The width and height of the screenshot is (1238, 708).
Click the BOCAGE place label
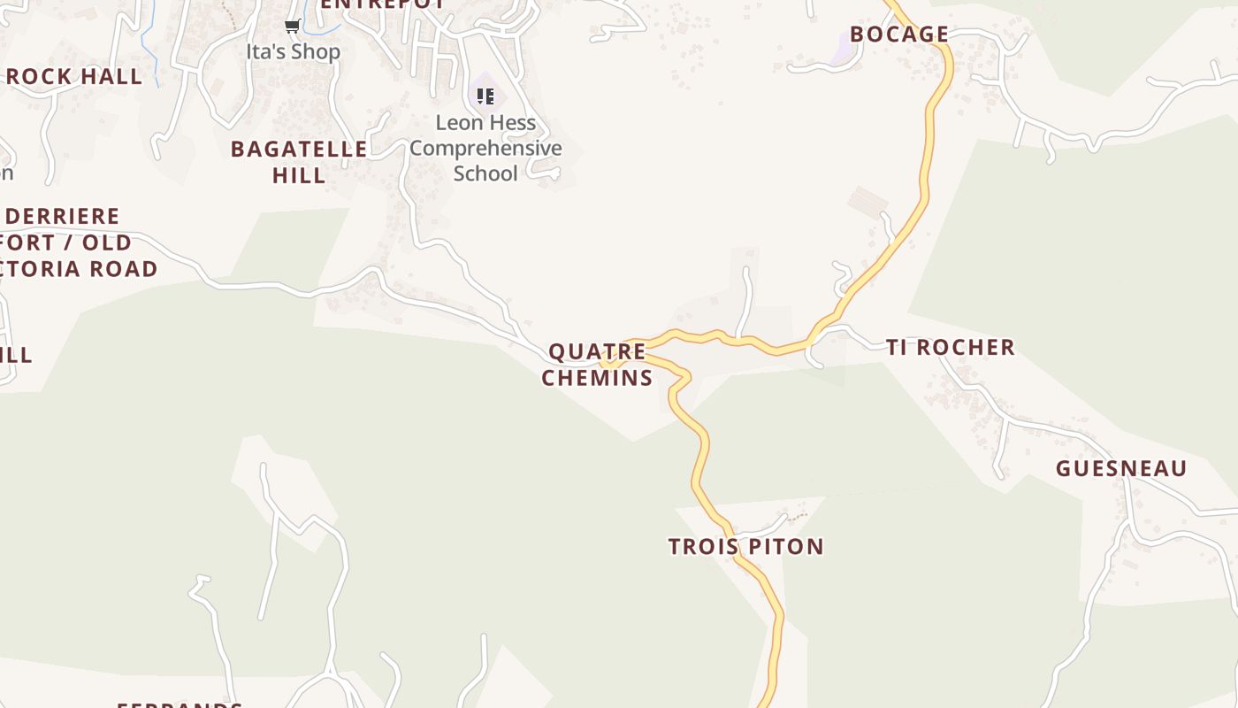(x=899, y=35)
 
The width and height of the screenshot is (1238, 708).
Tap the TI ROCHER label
(x=951, y=347)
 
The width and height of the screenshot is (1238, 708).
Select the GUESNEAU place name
(x=1120, y=468)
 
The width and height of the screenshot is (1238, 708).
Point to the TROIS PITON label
(x=745, y=546)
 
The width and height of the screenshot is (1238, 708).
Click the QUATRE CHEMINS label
(x=597, y=365)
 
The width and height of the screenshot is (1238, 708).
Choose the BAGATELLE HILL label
(x=299, y=162)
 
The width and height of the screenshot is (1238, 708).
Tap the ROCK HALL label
(x=74, y=77)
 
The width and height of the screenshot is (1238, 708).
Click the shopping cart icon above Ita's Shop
(x=292, y=27)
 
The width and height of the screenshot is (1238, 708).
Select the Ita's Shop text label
(x=293, y=52)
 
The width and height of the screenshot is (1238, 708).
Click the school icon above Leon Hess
(x=485, y=96)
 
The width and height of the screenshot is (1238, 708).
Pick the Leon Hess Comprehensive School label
(x=485, y=148)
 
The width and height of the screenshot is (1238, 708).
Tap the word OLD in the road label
(x=107, y=242)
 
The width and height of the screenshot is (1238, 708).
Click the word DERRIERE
(x=62, y=217)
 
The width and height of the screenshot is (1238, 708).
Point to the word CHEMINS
(x=597, y=378)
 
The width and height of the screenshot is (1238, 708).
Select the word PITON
(x=785, y=546)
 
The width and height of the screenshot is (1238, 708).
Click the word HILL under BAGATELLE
(x=299, y=175)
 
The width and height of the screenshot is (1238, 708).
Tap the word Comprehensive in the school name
(x=485, y=148)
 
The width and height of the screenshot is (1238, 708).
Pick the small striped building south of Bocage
(x=867, y=202)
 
